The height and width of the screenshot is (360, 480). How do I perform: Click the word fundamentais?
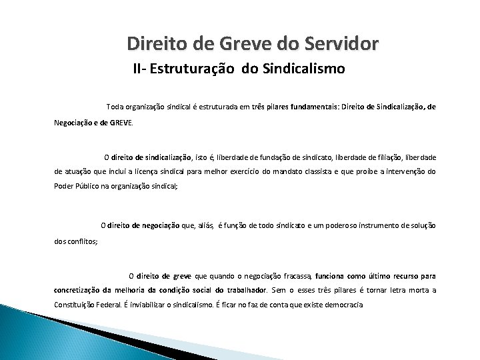pyautogui.click(x=319, y=107)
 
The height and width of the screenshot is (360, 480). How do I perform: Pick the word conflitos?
pyautogui.click(x=83, y=241)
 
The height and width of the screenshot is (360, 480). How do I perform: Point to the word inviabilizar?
pyautogui.click(x=162, y=305)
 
